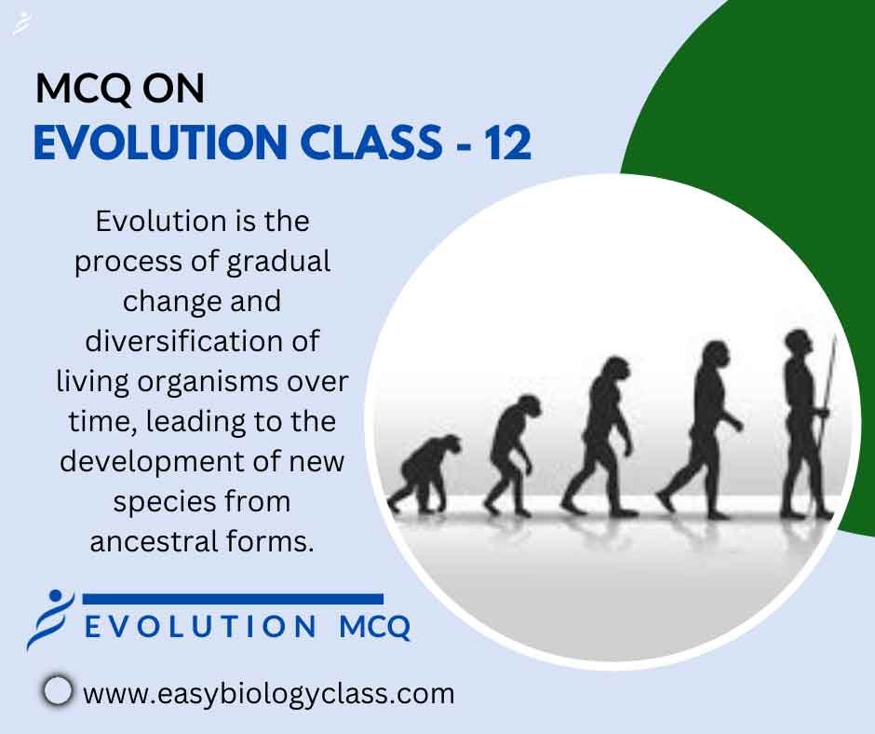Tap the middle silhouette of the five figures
pos(599,436)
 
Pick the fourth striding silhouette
pos(700,430)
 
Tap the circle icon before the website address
pos(58,691)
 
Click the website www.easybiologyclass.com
pos(268,694)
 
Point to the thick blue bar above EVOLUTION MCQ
pos(234,599)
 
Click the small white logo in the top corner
pos(21,23)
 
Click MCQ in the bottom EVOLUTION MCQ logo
pos(375,627)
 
